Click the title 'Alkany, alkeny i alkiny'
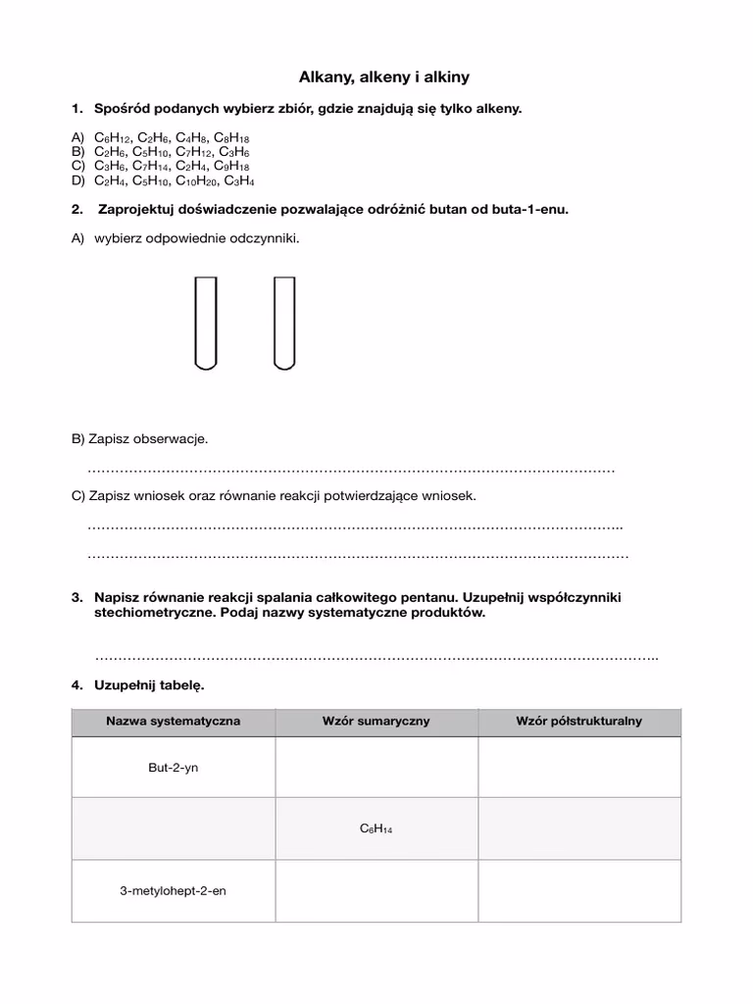click(x=376, y=75)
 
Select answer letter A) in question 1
click(x=77, y=139)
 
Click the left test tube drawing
click(x=205, y=323)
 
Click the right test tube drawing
click(x=283, y=323)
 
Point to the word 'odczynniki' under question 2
click(x=264, y=238)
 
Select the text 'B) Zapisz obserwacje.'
click(x=139, y=439)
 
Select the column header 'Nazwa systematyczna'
click(x=173, y=721)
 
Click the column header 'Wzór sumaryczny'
click(x=376, y=721)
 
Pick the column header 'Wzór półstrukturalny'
click(x=578, y=721)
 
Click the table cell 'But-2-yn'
click(x=173, y=767)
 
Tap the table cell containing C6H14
click(x=376, y=829)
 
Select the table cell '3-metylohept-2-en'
click(x=173, y=891)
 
